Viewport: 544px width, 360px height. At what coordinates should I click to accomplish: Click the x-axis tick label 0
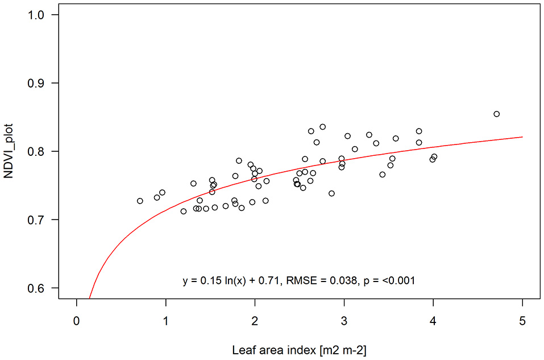76,320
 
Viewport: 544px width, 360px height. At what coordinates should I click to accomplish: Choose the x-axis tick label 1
165,320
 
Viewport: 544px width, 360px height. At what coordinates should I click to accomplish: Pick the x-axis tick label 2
255,320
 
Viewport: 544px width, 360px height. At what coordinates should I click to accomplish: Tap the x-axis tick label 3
344,320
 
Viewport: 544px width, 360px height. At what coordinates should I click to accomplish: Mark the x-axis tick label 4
433,320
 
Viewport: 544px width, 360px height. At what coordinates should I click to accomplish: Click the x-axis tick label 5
522,320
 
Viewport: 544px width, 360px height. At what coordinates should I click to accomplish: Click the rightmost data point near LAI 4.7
496,114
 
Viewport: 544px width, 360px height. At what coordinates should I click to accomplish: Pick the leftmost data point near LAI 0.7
140,201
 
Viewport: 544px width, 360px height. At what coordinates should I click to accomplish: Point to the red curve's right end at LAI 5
522,136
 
